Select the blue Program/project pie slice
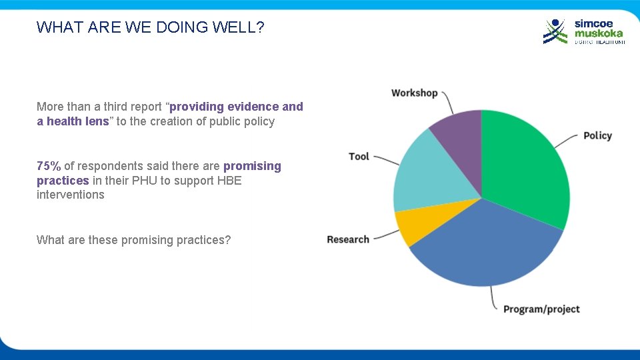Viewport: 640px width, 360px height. [x=487, y=247]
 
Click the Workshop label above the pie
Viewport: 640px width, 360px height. [x=414, y=93]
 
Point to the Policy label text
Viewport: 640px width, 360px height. [x=597, y=135]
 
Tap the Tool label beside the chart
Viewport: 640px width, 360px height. [x=359, y=156]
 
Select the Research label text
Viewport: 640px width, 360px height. [x=348, y=239]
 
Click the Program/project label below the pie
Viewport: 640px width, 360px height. [x=541, y=309]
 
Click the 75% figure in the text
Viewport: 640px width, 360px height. [x=49, y=166]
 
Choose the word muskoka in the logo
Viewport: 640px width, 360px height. [x=599, y=33]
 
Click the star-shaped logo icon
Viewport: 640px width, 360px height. [x=555, y=31]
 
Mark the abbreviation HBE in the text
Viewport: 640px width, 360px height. [x=229, y=181]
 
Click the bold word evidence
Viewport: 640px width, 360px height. [x=253, y=107]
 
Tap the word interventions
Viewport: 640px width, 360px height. [x=71, y=195]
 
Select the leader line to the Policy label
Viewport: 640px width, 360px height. [x=568, y=138]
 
